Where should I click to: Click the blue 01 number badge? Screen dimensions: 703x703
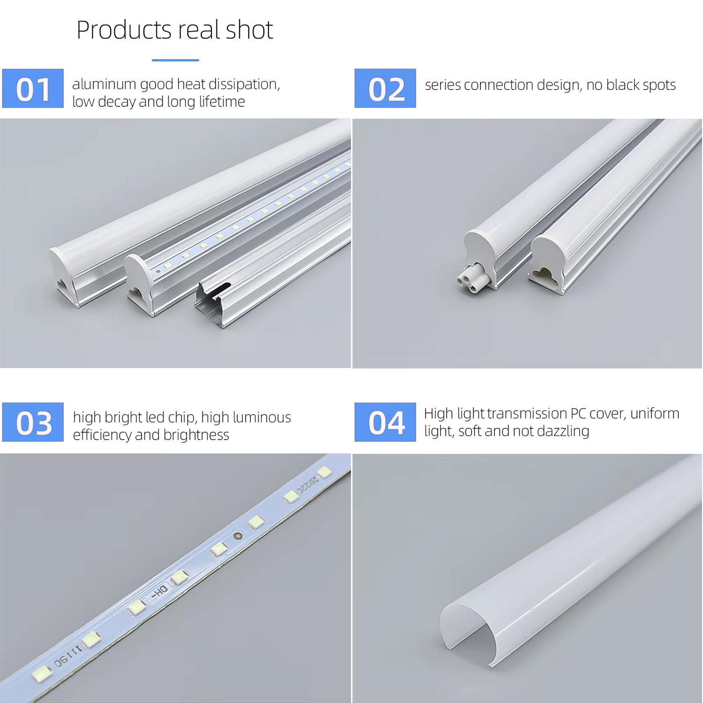(33, 89)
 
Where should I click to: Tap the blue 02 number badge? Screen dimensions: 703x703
(385, 89)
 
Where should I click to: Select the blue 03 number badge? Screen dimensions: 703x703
(33, 422)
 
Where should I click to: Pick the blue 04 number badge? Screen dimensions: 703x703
(385, 422)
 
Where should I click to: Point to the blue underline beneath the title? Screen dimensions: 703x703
(175, 60)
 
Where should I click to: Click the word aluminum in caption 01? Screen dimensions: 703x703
(104, 84)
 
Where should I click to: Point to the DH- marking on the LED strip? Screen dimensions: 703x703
(159, 592)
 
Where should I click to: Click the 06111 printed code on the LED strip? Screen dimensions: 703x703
(68, 656)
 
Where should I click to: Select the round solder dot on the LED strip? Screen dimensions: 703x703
(238, 535)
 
